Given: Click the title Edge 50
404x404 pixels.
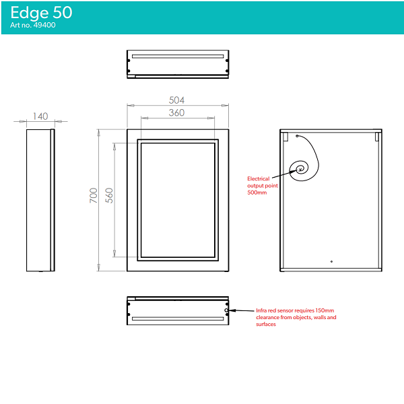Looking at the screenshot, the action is click(41, 12).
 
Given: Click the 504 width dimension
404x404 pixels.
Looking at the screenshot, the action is click(176, 100).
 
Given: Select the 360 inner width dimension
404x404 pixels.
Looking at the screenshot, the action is click(176, 112).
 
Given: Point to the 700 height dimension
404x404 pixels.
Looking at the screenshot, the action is click(94, 195).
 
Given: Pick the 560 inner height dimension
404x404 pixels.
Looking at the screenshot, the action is click(109, 195).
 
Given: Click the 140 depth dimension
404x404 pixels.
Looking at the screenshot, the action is click(40, 116).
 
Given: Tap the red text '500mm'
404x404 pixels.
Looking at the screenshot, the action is click(257, 193).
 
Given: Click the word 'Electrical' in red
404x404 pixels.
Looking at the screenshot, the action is click(258, 178).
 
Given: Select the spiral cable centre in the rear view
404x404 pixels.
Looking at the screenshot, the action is click(300, 169).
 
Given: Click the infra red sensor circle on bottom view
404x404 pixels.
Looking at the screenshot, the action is click(226, 310).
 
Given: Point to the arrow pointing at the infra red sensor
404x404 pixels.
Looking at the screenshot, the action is click(242, 310).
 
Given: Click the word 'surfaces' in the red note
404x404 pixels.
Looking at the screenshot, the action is click(266, 324).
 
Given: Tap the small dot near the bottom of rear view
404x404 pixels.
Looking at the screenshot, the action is click(331, 261).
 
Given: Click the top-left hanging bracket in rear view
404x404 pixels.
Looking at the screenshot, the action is click(285, 137).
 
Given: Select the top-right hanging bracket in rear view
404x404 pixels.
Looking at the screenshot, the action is click(377, 137).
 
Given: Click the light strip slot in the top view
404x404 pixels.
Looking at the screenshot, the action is click(178, 57).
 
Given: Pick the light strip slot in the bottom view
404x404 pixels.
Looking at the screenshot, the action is click(178, 318).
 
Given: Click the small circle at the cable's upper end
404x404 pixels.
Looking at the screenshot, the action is click(297, 136).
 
